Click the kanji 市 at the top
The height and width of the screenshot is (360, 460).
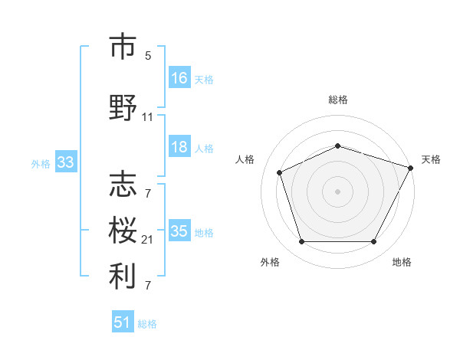pyautogui.click(x=123, y=47)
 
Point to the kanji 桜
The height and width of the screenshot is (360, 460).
pyautogui.click(x=123, y=231)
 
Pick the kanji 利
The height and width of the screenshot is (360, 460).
pyautogui.click(x=123, y=277)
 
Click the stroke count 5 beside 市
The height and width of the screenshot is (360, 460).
pyautogui.click(x=148, y=56)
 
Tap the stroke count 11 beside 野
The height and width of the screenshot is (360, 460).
pyautogui.click(x=148, y=117)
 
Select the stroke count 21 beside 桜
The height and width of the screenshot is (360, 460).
pyautogui.click(x=148, y=241)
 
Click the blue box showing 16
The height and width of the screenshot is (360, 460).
pyautogui.click(x=179, y=78)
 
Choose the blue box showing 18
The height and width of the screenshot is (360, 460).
pyautogui.click(x=179, y=147)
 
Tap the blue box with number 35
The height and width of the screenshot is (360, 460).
pyautogui.click(x=179, y=231)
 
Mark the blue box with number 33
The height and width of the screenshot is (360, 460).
pyautogui.click(x=64, y=162)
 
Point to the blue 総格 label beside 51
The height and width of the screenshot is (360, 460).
pyautogui.click(x=147, y=324)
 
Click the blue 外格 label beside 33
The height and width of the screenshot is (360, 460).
pyautogui.click(x=40, y=164)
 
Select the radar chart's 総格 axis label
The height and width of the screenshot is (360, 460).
pyautogui.click(x=338, y=100)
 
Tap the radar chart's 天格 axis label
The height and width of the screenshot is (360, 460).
pyautogui.click(x=431, y=159)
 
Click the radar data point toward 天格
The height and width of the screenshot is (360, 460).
pyautogui.click(x=411, y=167)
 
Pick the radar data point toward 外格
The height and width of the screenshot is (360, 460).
pyautogui.click(x=301, y=242)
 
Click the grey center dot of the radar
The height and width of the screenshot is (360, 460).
pyautogui.click(x=338, y=191)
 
